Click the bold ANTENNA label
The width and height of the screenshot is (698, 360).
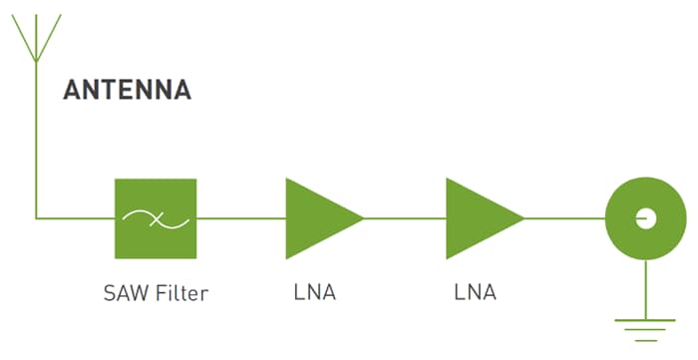[127, 90]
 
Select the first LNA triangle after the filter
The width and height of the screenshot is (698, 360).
[317, 217]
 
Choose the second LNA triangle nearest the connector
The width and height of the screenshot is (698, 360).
[478, 217]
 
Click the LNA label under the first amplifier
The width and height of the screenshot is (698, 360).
[315, 293]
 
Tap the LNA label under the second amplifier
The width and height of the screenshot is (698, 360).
[475, 293]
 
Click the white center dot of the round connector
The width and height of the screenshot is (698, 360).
[645, 216]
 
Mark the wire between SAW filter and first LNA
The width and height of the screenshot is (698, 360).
[240, 217]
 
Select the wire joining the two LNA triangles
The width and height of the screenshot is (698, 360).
[404, 217]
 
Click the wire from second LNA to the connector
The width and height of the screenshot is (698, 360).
[564, 217]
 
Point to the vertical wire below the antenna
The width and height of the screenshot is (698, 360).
[35, 140]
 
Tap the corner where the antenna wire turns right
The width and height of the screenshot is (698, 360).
[36, 217]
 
